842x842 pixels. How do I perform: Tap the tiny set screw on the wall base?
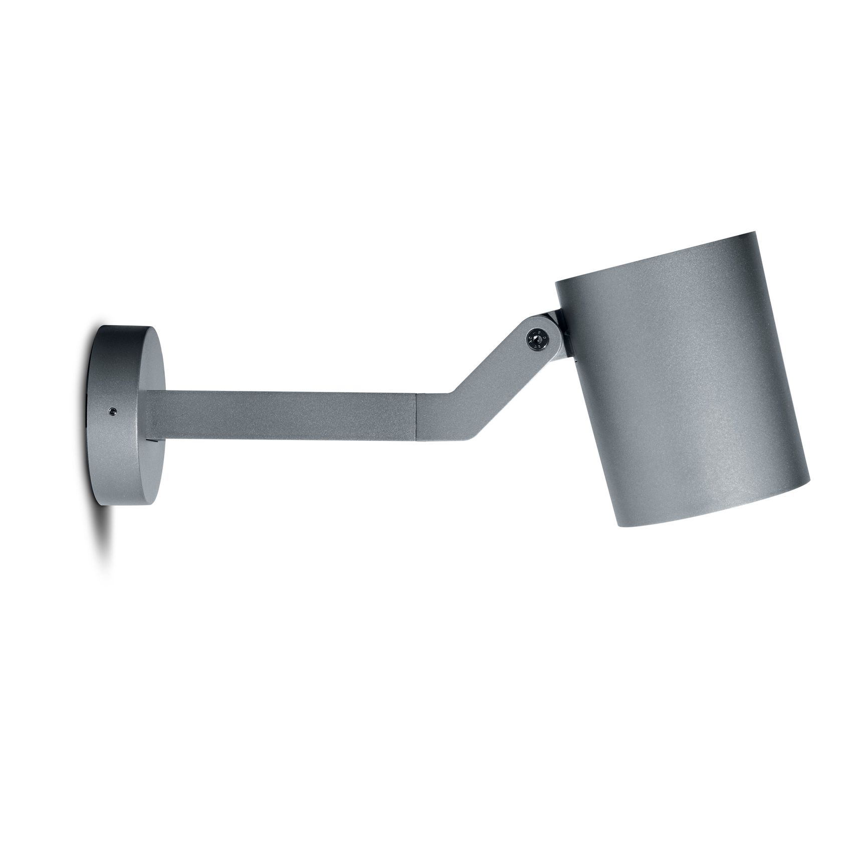coord(111,411)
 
